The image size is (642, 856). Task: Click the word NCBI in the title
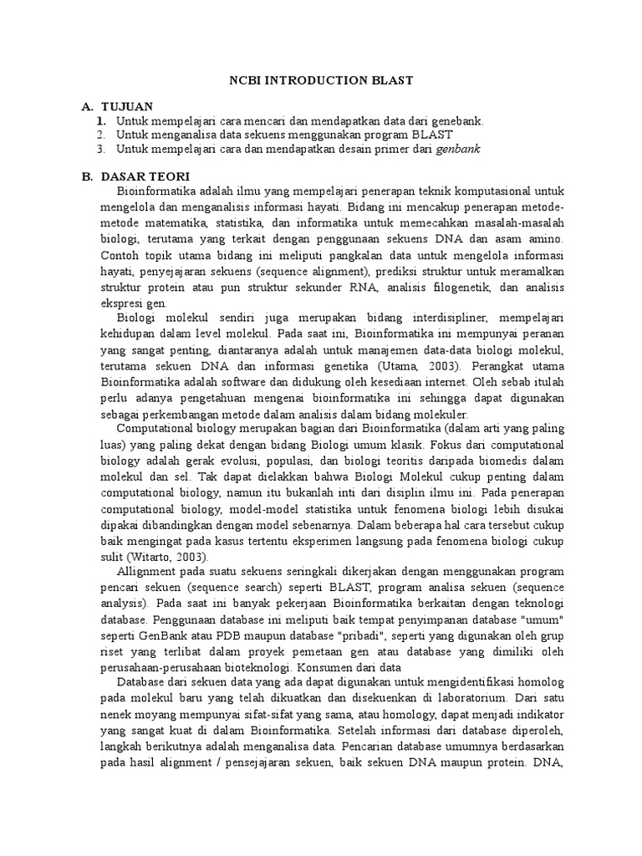click(x=247, y=80)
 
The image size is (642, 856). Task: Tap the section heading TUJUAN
click(x=126, y=107)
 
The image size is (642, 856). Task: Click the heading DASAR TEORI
click(x=145, y=176)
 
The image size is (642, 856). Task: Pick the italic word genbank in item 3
click(x=459, y=149)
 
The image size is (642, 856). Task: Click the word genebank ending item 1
click(x=453, y=121)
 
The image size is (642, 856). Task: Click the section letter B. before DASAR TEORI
click(x=85, y=176)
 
